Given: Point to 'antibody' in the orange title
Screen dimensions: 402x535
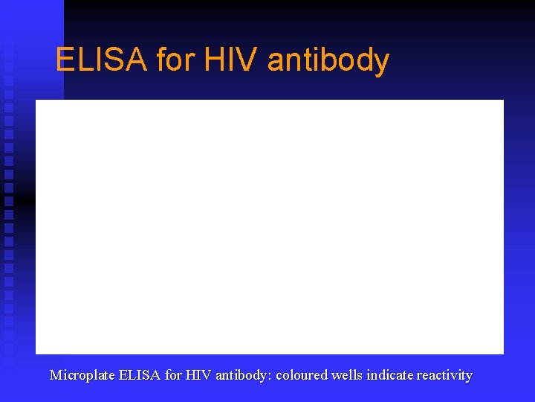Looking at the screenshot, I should (328, 60).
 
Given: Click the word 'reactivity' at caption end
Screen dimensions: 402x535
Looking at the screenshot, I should (444, 375).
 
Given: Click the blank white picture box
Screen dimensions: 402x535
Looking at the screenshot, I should (269, 226).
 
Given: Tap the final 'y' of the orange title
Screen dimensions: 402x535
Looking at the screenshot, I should (381, 63).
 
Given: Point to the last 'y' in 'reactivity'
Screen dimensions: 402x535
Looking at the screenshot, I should (469, 377).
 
